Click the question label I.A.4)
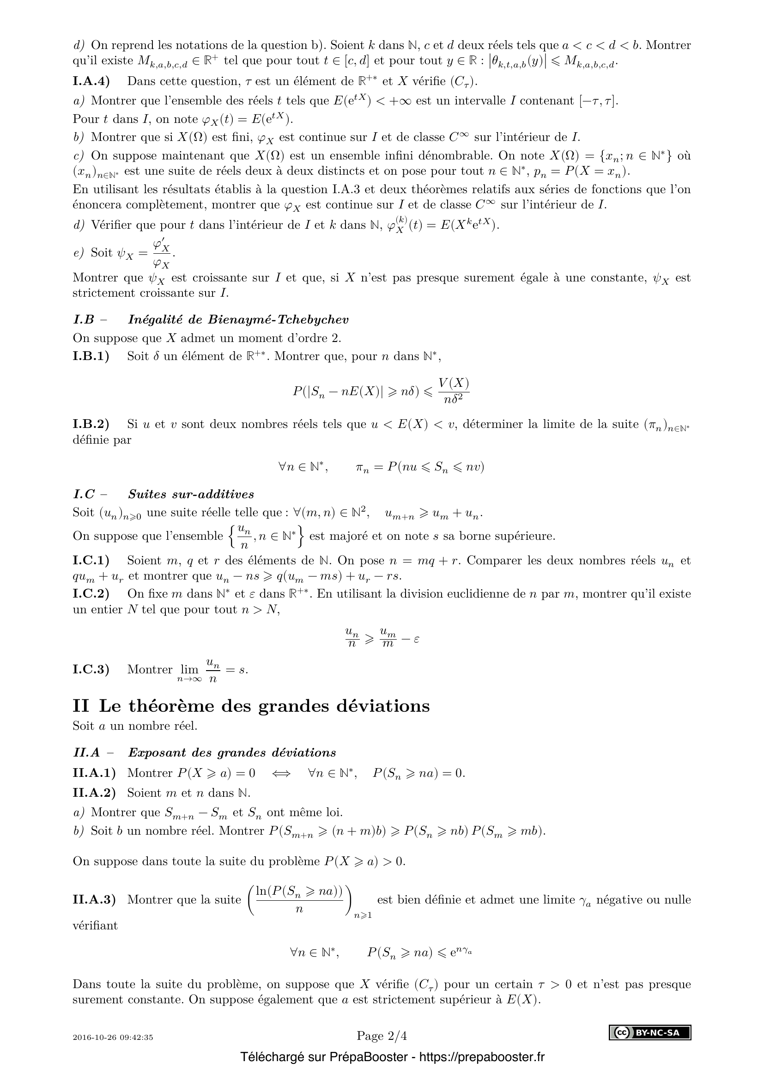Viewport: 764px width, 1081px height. [91, 81]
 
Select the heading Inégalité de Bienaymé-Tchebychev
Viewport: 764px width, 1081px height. [238, 320]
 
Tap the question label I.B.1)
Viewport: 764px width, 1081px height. [91, 356]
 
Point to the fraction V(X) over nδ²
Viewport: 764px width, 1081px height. [454, 391]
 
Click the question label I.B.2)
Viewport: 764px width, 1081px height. [91, 424]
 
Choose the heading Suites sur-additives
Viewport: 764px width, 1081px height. [191, 494]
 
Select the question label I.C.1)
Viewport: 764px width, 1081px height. [91, 560]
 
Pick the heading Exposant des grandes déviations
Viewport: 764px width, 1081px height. [232, 752]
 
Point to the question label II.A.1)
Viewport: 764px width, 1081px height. [94, 773]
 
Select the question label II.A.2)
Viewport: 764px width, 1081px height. [94, 793]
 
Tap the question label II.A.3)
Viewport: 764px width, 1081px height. [94, 899]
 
